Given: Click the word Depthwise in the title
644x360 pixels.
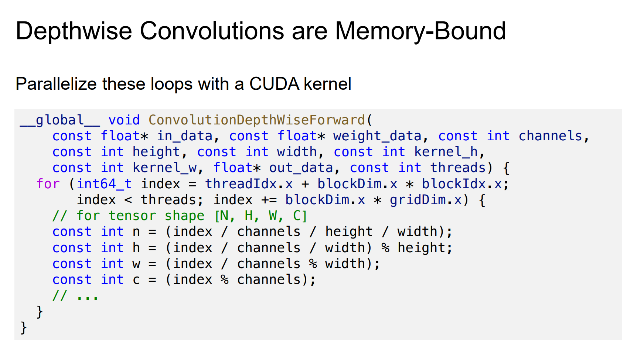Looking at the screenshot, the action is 74,31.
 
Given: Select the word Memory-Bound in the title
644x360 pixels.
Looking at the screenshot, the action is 420,31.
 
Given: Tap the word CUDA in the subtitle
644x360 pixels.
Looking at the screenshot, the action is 274,84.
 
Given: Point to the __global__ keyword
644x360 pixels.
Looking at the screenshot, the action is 60,120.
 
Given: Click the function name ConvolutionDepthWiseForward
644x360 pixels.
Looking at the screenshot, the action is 256,120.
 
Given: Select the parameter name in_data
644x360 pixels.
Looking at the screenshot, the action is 185,136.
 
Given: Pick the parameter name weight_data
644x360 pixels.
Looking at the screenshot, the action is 377,136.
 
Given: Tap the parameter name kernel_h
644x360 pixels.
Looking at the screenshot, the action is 446,152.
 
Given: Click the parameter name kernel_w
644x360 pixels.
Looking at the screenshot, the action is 165,168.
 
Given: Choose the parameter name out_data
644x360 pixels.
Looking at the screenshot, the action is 301,168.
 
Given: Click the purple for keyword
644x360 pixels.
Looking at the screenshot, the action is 48,184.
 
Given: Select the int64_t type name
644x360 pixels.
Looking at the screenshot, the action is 104,184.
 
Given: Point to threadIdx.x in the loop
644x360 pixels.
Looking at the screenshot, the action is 249,184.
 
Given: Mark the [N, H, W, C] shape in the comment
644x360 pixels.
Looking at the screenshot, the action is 261,216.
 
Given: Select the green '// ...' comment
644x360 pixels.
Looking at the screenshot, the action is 75,295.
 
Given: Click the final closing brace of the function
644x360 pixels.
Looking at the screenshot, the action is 24,328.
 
